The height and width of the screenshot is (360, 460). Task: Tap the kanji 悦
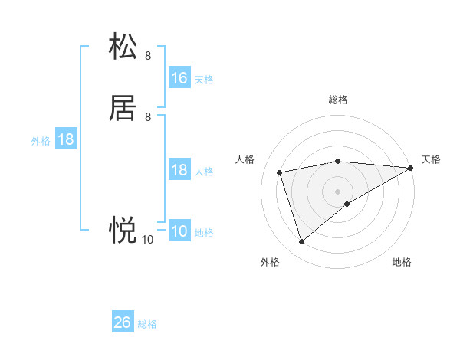(x=123, y=229)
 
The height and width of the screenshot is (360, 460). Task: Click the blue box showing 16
(x=179, y=78)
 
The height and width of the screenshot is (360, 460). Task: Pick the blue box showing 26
(x=123, y=322)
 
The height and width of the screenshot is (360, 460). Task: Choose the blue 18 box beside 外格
(x=66, y=140)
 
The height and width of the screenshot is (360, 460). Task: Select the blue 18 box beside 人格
(x=179, y=170)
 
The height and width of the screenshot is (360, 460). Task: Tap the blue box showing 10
(x=179, y=232)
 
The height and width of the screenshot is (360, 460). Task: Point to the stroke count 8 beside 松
(x=148, y=55)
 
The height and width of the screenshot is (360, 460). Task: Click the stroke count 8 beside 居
(x=148, y=117)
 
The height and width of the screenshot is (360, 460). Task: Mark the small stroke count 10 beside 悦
(x=148, y=240)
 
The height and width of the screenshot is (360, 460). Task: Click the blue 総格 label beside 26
(x=148, y=324)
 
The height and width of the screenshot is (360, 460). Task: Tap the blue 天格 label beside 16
(x=204, y=80)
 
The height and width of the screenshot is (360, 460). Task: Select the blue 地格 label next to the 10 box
(x=204, y=233)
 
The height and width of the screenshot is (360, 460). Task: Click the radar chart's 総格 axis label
(x=338, y=100)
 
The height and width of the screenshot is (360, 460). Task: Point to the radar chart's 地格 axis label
(x=402, y=262)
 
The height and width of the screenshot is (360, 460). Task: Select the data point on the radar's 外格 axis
(x=301, y=242)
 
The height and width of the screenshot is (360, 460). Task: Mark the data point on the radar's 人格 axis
(x=280, y=172)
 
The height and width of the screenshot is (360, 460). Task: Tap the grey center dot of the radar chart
(x=338, y=191)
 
